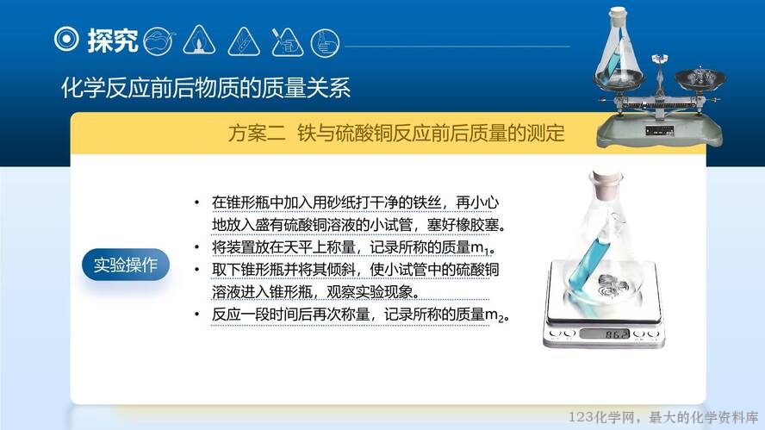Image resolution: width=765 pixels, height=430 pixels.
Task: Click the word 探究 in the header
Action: (x=113, y=40)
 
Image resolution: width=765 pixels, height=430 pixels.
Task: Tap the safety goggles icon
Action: (x=159, y=41)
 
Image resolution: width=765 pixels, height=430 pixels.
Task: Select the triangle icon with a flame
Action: (x=199, y=40)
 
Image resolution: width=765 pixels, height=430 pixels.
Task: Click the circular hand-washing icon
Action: (x=325, y=43)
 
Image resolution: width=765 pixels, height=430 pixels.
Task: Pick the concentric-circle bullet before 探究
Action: (x=66, y=39)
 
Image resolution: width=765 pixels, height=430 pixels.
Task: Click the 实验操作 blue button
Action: (x=126, y=265)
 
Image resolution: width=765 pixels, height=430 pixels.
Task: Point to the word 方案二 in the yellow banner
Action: (x=257, y=133)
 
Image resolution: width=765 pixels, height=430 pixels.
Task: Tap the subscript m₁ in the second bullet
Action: (x=480, y=248)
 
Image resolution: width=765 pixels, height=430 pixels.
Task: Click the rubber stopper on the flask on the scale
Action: (x=606, y=184)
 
